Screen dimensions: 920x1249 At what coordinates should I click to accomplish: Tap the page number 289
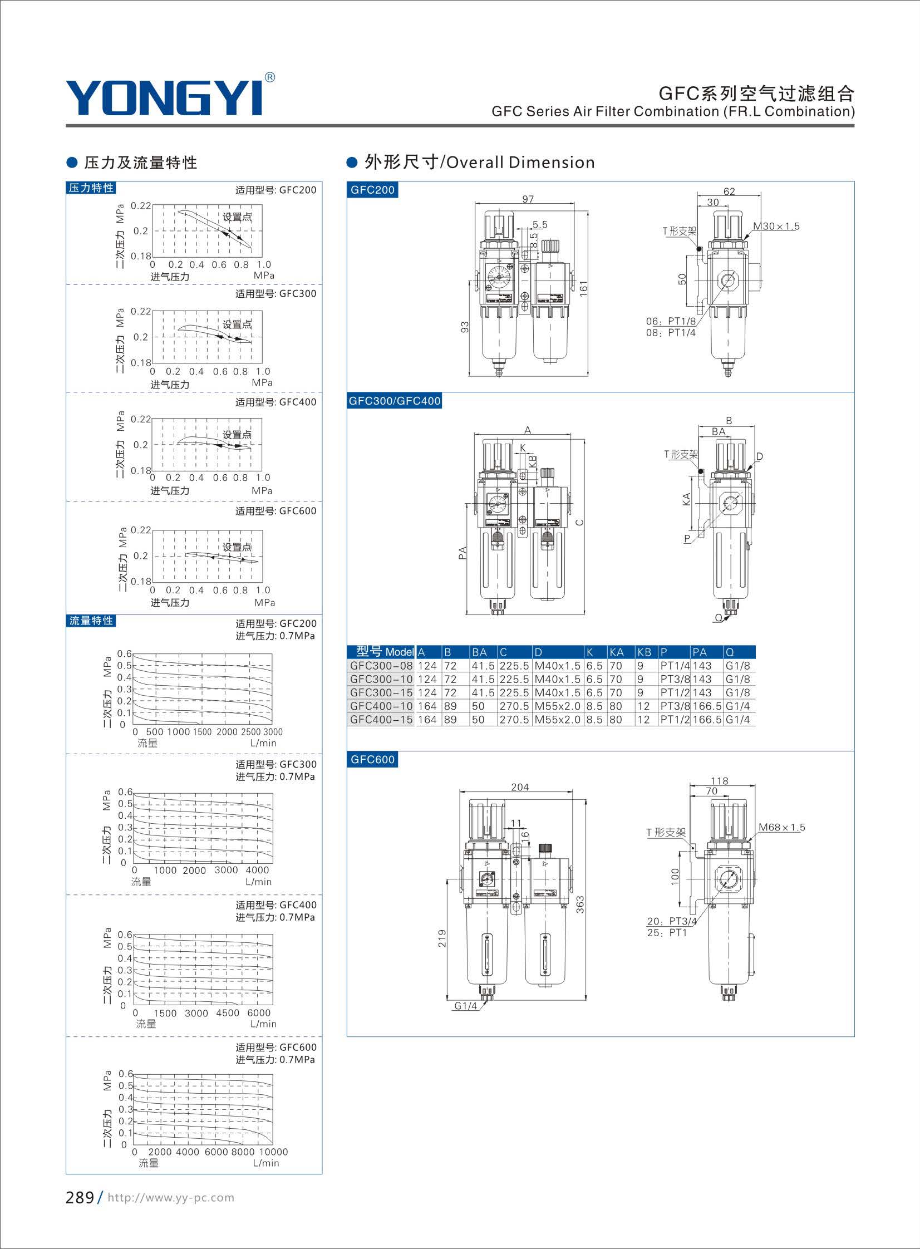point(80,1197)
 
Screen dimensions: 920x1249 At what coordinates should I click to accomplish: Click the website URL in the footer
point(170,1198)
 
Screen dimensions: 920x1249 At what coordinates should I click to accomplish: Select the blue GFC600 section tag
point(372,760)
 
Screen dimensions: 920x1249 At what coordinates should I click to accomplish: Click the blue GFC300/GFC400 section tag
point(394,400)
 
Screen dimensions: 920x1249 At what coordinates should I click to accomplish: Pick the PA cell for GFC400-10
point(707,706)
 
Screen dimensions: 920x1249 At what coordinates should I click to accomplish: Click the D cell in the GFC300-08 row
point(558,666)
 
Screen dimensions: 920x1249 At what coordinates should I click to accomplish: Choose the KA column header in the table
point(617,652)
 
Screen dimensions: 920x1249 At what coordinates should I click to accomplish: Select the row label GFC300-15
point(381,693)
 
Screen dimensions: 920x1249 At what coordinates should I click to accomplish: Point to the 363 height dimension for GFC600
point(580,904)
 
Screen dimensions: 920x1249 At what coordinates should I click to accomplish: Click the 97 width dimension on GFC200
point(528,199)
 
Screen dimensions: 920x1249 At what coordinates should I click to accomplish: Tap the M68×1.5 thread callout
point(782,827)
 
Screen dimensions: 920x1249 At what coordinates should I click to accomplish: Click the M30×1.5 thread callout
point(776,226)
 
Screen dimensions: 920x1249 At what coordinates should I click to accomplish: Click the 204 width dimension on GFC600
point(520,787)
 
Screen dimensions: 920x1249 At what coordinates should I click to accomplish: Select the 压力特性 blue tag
point(91,188)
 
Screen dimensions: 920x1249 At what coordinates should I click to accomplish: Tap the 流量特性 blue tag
point(91,620)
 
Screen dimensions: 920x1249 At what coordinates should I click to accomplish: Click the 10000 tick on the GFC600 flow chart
point(273,1152)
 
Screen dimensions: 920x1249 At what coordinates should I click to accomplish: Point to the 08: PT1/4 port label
point(671,332)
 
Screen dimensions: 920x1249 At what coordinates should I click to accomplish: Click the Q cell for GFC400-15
point(738,720)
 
